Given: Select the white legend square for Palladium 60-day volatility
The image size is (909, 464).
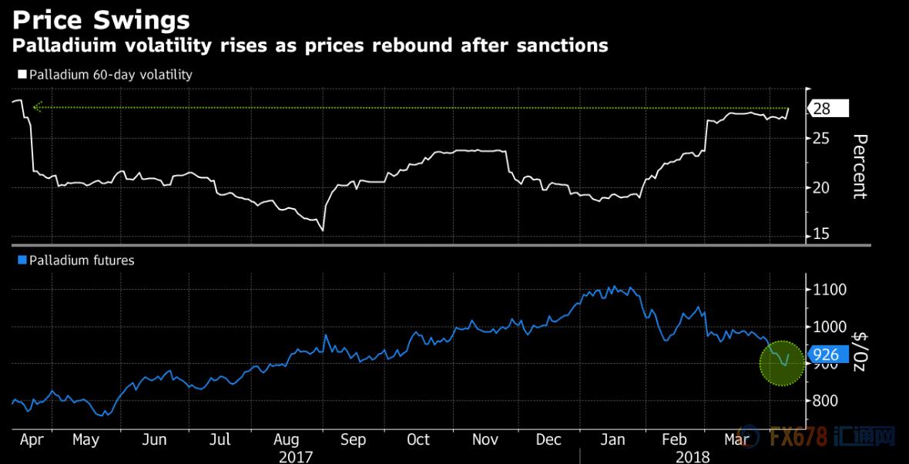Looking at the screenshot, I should click(x=21, y=75).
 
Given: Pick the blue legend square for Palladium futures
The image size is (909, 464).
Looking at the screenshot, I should click(x=21, y=261).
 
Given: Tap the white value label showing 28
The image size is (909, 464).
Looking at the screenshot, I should click(x=827, y=109).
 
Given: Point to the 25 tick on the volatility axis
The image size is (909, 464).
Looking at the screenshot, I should click(x=821, y=138).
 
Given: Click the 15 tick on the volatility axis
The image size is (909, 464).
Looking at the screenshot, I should click(x=821, y=234).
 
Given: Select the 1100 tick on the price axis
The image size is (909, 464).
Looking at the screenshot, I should click(x=830, y=290).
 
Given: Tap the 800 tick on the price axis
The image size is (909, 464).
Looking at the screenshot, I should click(x=826, y=401).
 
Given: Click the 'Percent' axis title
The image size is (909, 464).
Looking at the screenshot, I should click(x=860, y=166).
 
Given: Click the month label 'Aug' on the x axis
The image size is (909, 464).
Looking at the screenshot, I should click(x=285, y=440).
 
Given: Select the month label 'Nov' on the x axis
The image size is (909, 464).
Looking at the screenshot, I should click(x=485, y=440).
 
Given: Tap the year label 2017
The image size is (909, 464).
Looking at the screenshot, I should click(x=296, y=456).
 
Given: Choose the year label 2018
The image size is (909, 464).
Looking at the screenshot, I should click(x=692, y=456).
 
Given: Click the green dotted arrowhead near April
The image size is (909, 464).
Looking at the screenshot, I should click(x=35, y=108).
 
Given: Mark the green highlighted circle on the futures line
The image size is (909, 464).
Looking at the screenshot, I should click(x=783, y=363).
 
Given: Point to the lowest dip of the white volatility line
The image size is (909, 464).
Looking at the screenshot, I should click(x=322, y=230).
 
